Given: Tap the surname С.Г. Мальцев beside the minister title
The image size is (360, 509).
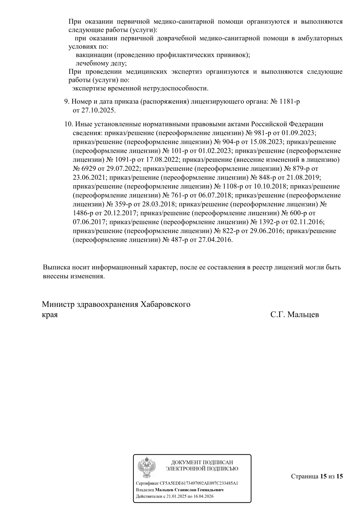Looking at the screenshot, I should (x=295, y=314).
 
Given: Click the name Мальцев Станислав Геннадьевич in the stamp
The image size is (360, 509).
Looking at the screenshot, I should (x=189, y=490).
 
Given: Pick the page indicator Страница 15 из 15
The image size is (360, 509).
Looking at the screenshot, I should (x=317, y=476).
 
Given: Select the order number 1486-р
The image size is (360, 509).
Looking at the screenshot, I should (x=84, y=213).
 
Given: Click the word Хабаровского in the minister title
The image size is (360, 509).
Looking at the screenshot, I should (x=165, y=304).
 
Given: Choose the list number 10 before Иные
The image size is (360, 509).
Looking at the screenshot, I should (x=68, y=124).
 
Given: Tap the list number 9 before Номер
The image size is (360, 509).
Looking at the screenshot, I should (x=66, y=101).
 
